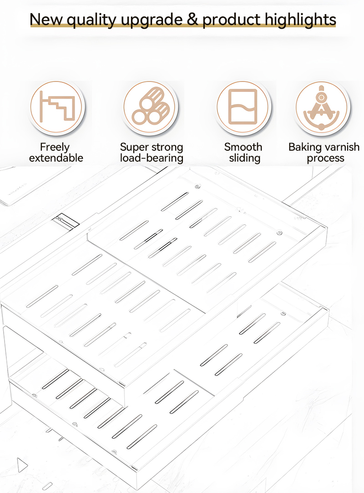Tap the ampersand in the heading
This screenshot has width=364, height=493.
tap(192, 19)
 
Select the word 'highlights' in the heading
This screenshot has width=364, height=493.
tap(300, 20)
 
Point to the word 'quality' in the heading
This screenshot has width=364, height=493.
tap(92, 20)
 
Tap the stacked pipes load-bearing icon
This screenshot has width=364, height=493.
tap(150, 107)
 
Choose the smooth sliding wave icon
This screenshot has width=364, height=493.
tap(243, 107)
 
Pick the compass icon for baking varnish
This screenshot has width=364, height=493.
tap(321, 107)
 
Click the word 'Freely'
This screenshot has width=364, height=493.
tap(55, 147)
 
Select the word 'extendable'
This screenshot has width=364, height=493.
tap(56, 158)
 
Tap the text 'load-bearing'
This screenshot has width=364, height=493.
tap(152, 158)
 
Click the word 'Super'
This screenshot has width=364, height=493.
tap(134, 147)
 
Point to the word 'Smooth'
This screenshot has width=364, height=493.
tap(243, 147)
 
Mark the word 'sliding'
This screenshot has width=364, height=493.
tap(244, 158)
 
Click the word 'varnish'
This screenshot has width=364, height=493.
tap(342, 147)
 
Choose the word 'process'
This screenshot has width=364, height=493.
tap(325, 158)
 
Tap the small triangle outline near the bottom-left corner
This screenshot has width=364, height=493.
tap(22, 465)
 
